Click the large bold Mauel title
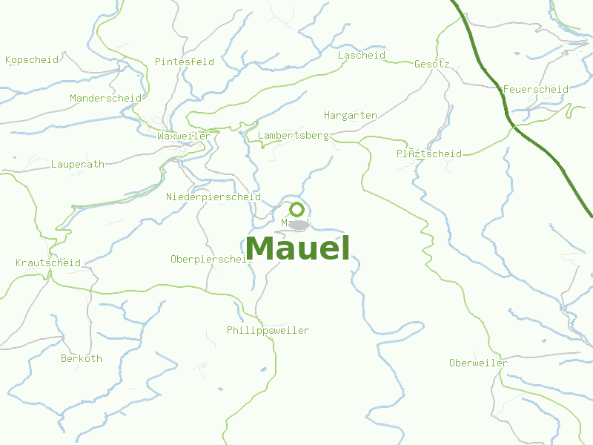coord(297,248)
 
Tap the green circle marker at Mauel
coord(296,209)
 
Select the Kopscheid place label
coord(32,59)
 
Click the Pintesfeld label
coord(185,62)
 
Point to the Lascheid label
coord(362,56)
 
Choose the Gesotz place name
coord(432,64)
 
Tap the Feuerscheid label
coord(535,89)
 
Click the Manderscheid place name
coord(105,98)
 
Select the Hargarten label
coord(351,115)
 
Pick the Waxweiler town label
coord(184,136)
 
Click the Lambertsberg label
coord(294,136)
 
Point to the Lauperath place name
coord(78,164)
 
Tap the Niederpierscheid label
coord(213,197)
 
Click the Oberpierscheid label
coord(211,259)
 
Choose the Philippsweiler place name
coord(268,330)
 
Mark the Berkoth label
coord(82,358)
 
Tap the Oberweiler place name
coord(479,363)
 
